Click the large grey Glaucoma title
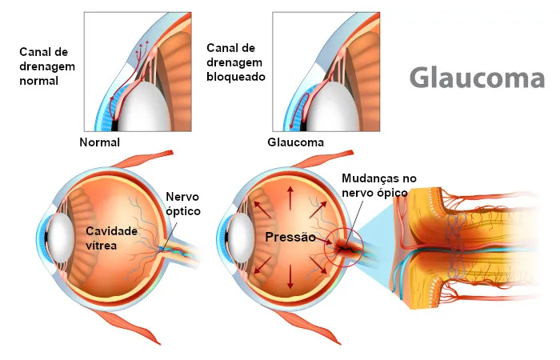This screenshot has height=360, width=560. pos(477,78)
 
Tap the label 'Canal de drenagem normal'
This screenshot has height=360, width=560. pos(47,66)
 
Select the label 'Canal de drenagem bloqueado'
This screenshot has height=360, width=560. pos(236,62)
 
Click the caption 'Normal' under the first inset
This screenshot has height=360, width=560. pos(100,142)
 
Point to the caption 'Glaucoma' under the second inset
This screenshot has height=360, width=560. pos(296,142)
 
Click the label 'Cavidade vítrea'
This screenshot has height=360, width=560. pos(111,238)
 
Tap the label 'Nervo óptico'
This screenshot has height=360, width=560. pos(183,203)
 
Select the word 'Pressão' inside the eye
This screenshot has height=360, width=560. pos(290,237)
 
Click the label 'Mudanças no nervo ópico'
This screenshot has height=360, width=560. pos(378,185)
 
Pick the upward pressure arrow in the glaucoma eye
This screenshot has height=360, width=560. pos(290,198)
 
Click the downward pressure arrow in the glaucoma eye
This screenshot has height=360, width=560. pos(290,277)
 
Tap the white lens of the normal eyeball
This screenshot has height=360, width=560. pos(60,238)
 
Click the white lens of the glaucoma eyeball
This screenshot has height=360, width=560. pos(241,238)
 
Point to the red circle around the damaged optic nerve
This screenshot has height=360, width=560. pos(343,247)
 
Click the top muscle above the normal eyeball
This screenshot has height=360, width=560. pos(143,159)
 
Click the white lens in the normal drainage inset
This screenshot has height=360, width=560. pos(145,107)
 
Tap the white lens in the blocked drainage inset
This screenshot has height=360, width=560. pos(332,107)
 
